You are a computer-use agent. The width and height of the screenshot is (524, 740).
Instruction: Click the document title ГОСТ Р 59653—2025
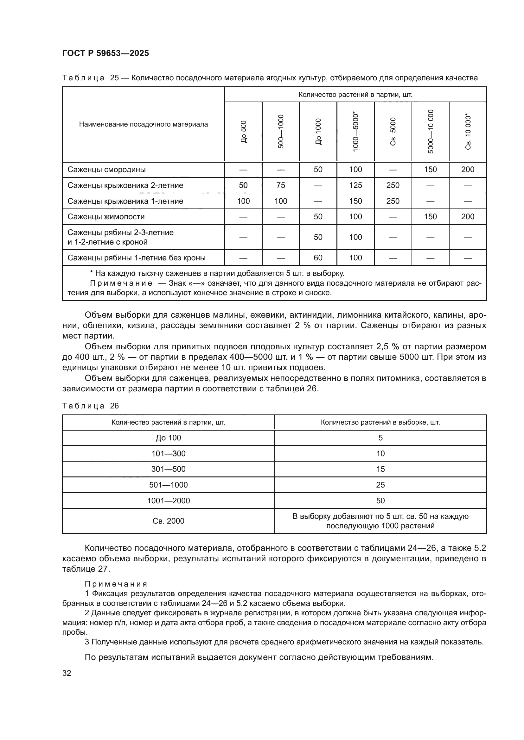pyautogui.click(x=105, y=53)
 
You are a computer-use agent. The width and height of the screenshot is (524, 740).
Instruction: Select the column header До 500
pyautogui.click(x=244, y=132)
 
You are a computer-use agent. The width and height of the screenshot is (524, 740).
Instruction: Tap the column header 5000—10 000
pyautogui.click(x=431, y=132)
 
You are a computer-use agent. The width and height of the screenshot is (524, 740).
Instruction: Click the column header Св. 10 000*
pyautogui.click(x=468, y=132)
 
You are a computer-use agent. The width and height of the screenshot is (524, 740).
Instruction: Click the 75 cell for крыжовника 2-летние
pyautogui.click(x=281, y=185)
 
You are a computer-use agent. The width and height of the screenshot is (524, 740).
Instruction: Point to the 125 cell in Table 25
pyautogui.click(x=355, y=185)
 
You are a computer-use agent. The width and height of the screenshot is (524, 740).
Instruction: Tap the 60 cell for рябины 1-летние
pyautogui.click(x=318, y=258)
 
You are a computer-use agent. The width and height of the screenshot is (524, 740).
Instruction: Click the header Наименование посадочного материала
pyautogui.click(x=144, y=124)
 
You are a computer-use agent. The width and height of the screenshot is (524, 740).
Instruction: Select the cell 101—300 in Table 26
pyautogui.click(x=169, y=453)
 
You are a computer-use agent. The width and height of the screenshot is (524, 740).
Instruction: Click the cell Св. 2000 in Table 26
pyautogui.click(x=169, y=521)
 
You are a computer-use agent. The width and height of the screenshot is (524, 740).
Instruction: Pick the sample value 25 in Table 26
pyautogui.click(x=380, y=485)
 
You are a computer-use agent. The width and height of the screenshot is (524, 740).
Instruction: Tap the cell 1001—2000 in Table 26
pyautogui.click(x=169, y=501)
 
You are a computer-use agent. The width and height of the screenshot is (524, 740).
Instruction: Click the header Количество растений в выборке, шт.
pyautogui.click(x=380, y=422)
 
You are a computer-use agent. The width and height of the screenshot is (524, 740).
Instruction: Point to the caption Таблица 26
pyautogui.click(x=91, y=406)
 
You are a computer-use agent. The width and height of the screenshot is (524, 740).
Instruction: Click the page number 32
pyautogui.click(x=67, y=673)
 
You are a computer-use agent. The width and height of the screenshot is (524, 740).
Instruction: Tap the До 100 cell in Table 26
pyautogui.click(x=169, y=438)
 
